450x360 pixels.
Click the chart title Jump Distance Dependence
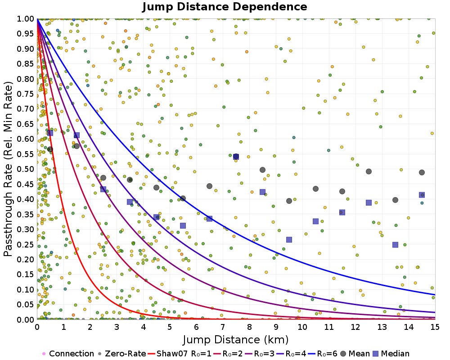pos(225,7)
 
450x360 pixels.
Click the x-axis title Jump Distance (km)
pos(235,339)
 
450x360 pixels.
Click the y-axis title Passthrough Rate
pos(8,169)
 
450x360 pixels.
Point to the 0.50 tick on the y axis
pos(25,169)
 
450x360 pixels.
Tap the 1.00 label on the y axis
pos(25,19)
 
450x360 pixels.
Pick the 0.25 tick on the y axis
pos(25,244)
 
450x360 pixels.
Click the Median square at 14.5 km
pos(422,195)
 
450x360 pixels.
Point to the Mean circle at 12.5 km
pos(369,171)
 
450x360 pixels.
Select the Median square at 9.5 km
pos(289,240)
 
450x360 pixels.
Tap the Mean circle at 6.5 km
pos(209,186)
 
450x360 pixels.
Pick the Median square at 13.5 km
pos(395,245)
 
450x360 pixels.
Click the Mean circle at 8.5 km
pos(262,170)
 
